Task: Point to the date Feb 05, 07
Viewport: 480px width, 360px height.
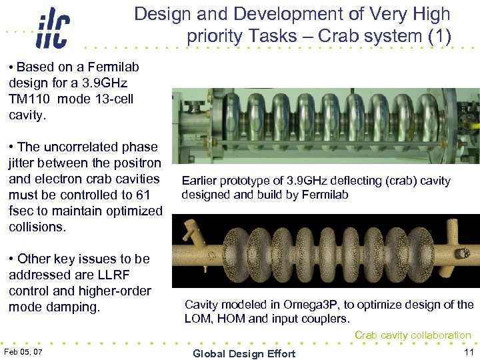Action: pos(23,351)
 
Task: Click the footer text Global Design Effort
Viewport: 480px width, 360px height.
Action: pos(243,353)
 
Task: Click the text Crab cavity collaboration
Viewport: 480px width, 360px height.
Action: pos(413,335)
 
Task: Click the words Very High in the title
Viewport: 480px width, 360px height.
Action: pos(415,14)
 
